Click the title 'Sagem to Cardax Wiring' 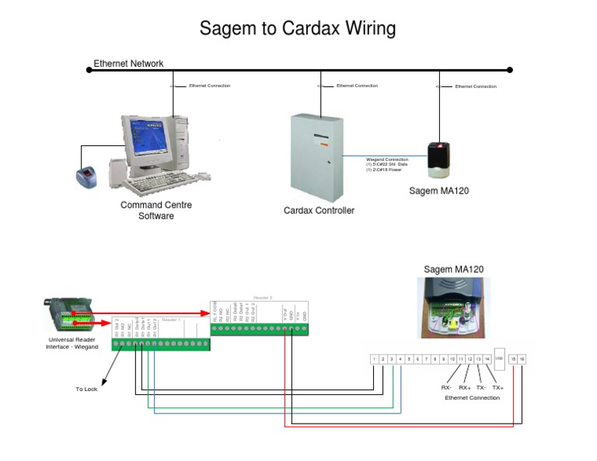pyautogui.click(x=298, y=29)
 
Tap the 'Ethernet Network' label pyautogui.click(x=128, y=63)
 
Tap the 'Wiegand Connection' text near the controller pyautogui.click(x=386, y=159)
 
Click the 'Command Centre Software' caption pyautogui.click(x=155, y=211)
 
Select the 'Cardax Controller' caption pyautogui.click(x=319, y=211)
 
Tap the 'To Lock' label pyautogui.click(x=86, y=389)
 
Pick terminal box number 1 pyautogui.click(x=374, y=359)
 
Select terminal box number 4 pyautogui.click(x=400, y=359)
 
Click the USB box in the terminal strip pyautogui.click(x=499, y=358)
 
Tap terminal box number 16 pyautogui.click(x=522, y=359)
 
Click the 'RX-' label pyautogui.click(x=446, y=386)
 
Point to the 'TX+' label pyautogui.click(x=497, y=386)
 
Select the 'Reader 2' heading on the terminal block pyautogui.click(x=263, y=297)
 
